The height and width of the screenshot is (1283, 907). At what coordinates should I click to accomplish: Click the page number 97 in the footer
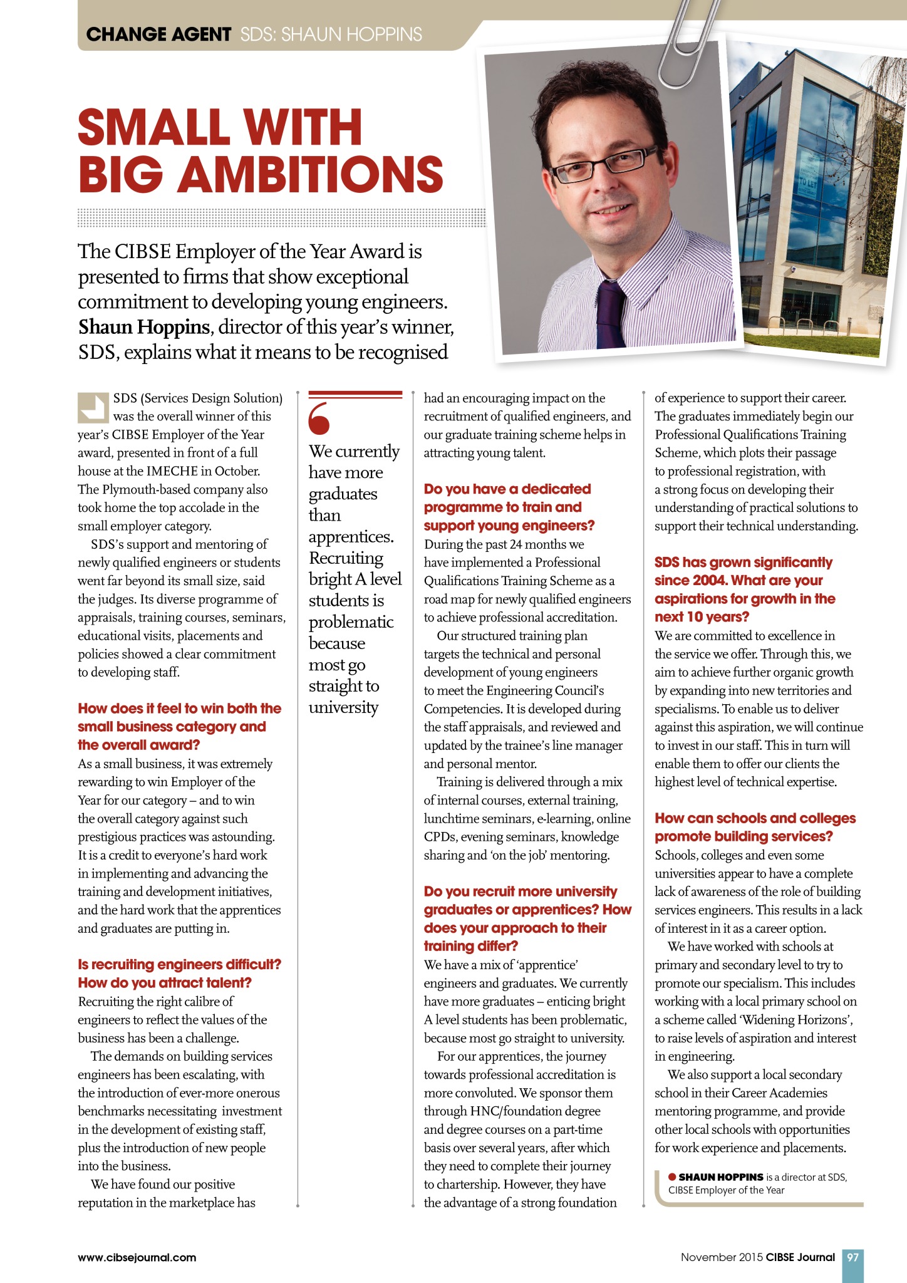[x=853, y=1257]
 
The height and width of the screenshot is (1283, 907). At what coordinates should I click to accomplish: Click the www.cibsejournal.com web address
[x=137, y=1257]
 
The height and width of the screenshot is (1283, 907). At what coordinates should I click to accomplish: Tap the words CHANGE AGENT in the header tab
[x=158, y=34]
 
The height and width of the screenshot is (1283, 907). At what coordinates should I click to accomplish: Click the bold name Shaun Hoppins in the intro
[x=143, y=327]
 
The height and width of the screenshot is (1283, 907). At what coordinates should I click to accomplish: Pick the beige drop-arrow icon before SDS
[x=93, y=407]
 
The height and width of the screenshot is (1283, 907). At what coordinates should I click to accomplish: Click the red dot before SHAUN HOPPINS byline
[x=672, y=1177]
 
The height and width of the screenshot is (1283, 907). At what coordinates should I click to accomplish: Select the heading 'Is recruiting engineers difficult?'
[x=179, y=964]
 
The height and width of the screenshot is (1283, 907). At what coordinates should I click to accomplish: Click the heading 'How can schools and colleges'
[x=755, y=818]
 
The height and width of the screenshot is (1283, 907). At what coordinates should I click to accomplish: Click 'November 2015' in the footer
[x=722, y=1257]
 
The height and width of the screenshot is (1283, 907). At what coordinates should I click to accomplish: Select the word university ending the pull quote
[x=343, y=708]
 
